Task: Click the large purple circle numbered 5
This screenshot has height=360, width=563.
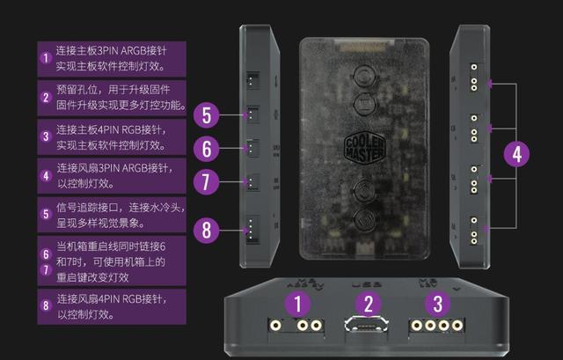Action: pyautogui.click(x=205, y=114)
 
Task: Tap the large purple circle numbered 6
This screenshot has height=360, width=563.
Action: pyautogui.click(x=205, y=148)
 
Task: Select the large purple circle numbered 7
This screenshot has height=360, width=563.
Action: pyautogui.click(x=205, y=183)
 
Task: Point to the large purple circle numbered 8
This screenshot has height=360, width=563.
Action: pyautogui.click(x=205, y=231)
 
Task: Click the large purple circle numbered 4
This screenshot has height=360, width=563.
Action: pyautogui.click(x=516, y=155)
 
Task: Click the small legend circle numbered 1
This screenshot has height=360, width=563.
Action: pyautogui.click(x=46, y=59)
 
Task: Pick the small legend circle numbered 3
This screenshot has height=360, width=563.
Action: pyautogui.click(x=46, y=136)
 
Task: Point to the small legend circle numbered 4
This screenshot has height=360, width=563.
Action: pyautogui.click(x=46, y=175)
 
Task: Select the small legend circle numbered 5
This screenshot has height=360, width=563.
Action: pyautogui.click(x=46, y=214)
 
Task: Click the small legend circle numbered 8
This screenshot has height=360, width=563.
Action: pyautogui.click(x=46, y=305)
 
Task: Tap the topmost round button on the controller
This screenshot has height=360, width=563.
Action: pyautogui.click(x=367, y=73)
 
